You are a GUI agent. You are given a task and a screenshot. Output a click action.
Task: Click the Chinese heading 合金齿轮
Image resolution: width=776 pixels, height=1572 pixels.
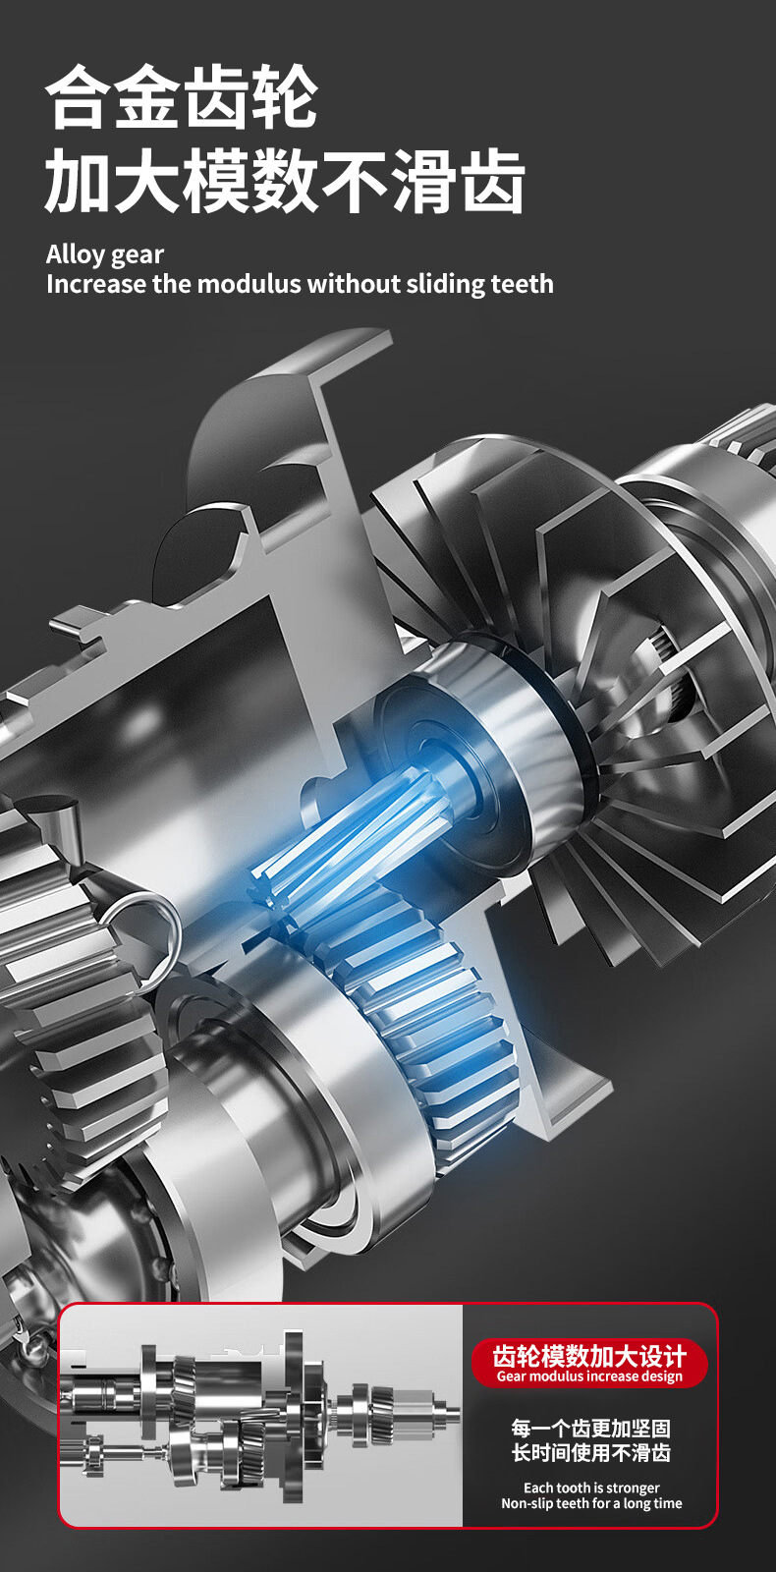pos(181,97)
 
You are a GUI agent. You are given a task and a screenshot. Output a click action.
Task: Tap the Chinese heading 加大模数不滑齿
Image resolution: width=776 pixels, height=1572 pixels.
pos(285,181)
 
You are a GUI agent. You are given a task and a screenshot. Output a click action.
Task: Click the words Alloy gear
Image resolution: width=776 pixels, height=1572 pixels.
pos(105,254)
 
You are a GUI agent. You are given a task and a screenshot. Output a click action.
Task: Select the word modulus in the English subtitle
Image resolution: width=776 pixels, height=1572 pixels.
pos(250,284)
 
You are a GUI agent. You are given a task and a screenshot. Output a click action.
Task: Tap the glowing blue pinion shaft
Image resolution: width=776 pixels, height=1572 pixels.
pos(351,827)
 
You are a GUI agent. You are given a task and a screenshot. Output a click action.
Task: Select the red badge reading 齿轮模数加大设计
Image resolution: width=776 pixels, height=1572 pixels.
pos(589,1363)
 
